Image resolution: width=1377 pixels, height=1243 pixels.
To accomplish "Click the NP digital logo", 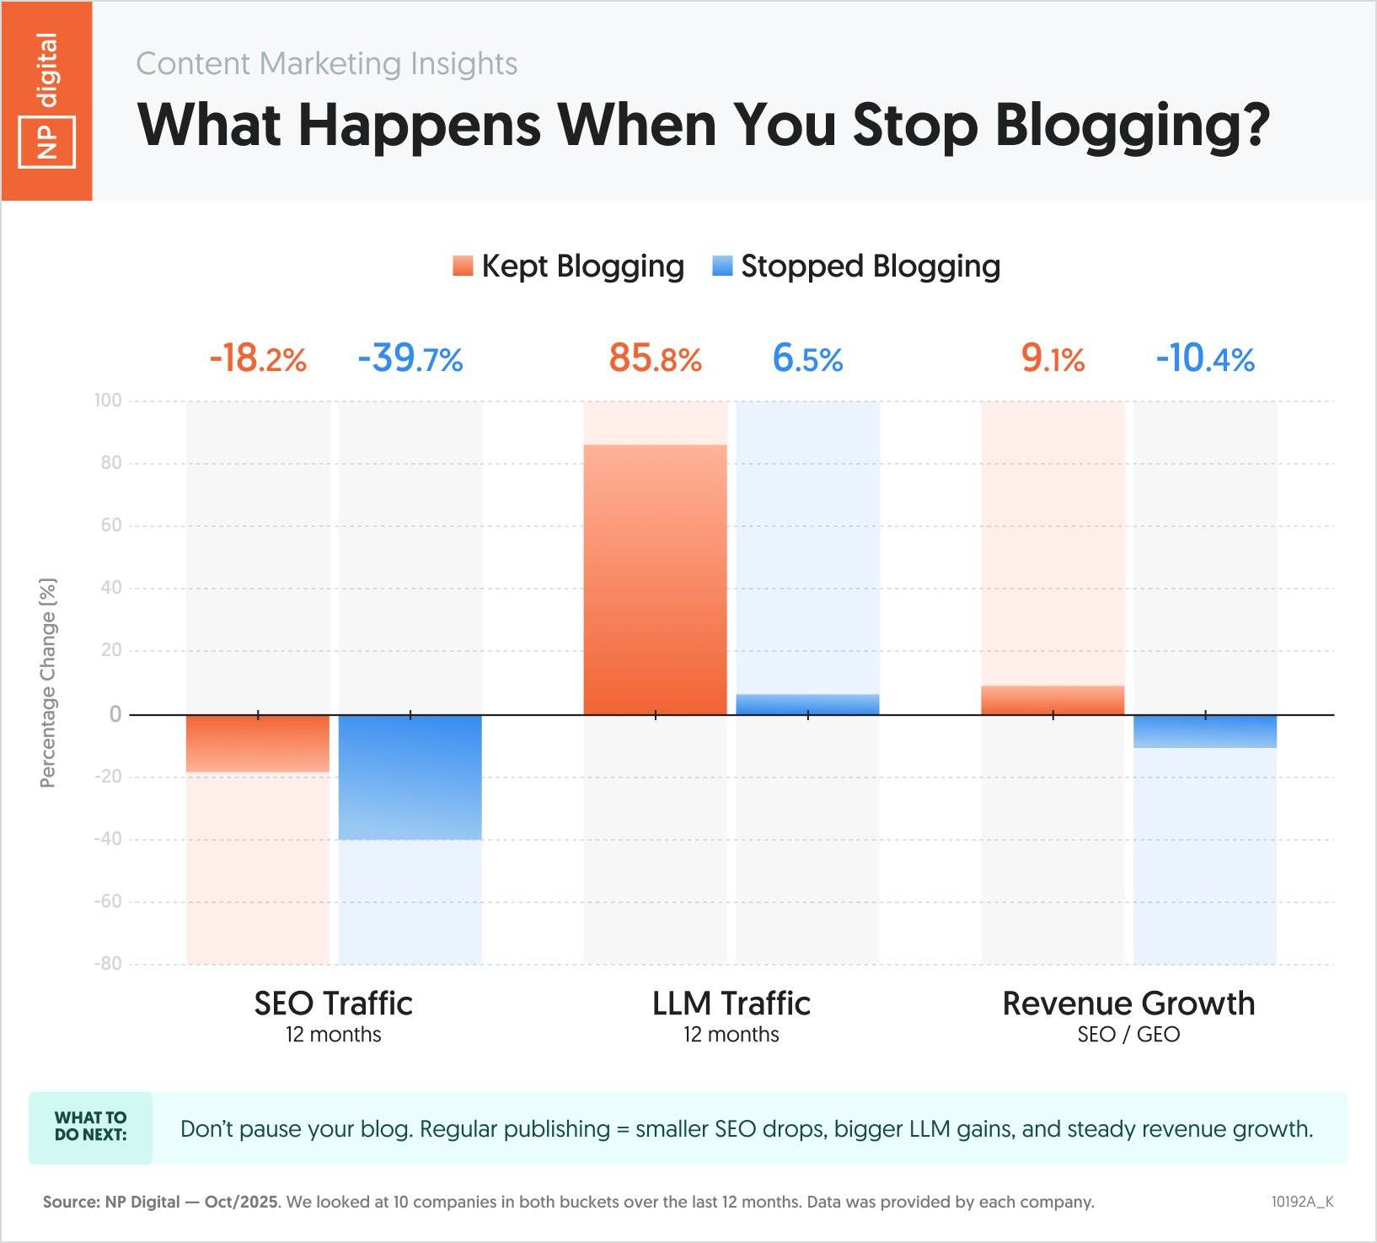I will (x=47, y=100).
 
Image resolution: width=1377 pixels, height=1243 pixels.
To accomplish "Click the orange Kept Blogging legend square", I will (x=463, y=266).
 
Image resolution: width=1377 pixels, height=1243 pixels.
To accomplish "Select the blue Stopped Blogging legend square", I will (x=722, y=266).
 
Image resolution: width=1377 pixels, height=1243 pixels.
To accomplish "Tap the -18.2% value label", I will (x=258, y=358).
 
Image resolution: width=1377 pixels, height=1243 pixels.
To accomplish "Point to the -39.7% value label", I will (x=410, y=358).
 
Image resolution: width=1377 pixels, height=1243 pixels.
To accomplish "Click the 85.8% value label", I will (x=655, y=358).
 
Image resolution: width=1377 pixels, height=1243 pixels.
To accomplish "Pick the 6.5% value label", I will (x=807, y=358).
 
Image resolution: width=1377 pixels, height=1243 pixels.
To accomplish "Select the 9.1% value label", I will (x=1053, y=358).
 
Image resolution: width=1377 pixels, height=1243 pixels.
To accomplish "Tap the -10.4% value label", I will (x=1205, y=358).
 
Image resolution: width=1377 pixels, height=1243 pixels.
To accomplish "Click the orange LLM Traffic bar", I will (x=655, y=579).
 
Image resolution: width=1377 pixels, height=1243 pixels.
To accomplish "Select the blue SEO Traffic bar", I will (x=410, y=777).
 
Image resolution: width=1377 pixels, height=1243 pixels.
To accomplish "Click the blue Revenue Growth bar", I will (x=1205, y=731).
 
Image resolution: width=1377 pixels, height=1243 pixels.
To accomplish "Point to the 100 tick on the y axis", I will (x=108, y=401).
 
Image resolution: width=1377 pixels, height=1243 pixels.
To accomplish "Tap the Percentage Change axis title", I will (x=48, y=683).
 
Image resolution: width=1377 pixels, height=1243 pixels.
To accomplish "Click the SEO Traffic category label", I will (x=333, y=1004).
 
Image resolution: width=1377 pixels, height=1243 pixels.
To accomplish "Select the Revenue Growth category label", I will (x=1128, y=1004).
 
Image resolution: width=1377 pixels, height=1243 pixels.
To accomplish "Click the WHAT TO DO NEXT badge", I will (x=91, y=1127).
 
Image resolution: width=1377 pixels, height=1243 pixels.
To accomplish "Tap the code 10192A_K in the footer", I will (x=1302, y=1202).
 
